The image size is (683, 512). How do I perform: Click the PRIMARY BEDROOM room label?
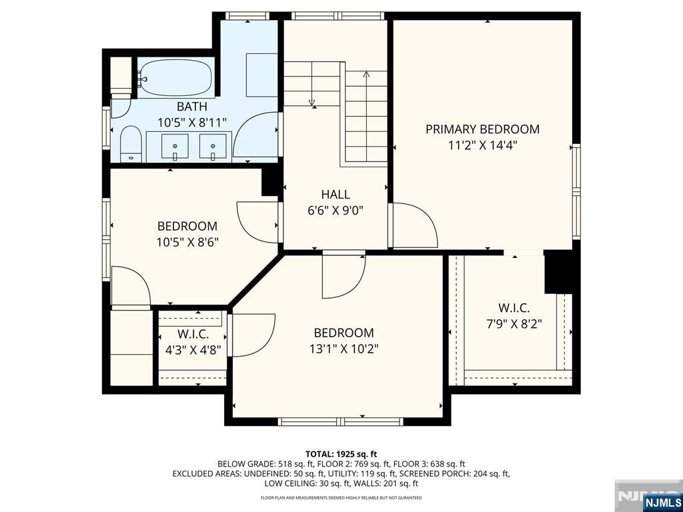tap(482, 129)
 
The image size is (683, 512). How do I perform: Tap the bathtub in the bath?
tap(176, 78)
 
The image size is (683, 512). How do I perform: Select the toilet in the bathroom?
tap(131, 144)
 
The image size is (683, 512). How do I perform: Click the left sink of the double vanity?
tap(175, 146)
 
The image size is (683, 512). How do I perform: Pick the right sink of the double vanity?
tap(213, 146)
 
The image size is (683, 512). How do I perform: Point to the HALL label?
tap(335, 194)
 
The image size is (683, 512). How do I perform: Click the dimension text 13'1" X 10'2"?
tap(344, 349)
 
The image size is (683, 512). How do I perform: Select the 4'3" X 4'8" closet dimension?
tap(193, 349)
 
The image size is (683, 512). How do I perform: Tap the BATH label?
tap(191, 107)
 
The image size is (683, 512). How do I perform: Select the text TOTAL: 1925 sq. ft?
tap(341, 455)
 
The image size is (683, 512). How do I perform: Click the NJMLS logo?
tap(662, 501)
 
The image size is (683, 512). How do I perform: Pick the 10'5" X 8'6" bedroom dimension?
tap(187, 241)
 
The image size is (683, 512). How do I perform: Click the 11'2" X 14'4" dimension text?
tap(483, 145)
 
